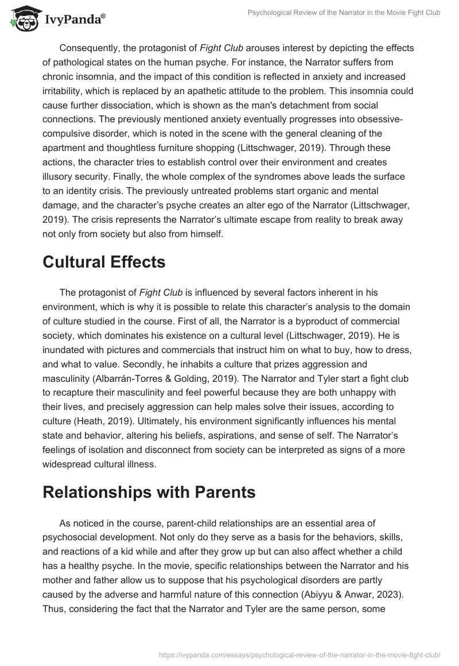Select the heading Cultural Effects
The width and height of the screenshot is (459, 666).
tap(104, 262)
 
